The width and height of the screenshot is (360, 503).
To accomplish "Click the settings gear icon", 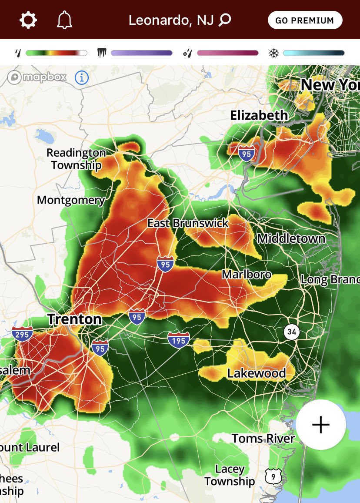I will tap(28, 20).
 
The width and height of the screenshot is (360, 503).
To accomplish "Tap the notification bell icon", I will tap(64, 20).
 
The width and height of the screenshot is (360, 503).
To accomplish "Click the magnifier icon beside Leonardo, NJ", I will tap(225, 20).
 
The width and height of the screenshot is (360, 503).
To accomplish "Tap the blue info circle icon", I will tap(82, 78).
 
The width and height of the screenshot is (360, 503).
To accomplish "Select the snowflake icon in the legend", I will tap(273, 53).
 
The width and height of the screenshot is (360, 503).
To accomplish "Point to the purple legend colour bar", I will tap(142, 53).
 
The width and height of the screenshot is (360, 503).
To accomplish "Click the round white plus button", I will tap(321, 424).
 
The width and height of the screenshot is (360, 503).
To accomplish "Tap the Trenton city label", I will tap(74, 319).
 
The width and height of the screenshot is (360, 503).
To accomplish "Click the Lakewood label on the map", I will tap(257, 373).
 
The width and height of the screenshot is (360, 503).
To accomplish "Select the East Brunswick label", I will tap(188, 223).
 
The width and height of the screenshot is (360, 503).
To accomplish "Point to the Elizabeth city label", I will tap(259, 115).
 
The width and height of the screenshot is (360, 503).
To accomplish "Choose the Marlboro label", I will tap(247, 275).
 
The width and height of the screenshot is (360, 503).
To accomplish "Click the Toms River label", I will tap(263, 438).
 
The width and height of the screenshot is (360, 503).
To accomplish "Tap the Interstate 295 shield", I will tap(22, 334).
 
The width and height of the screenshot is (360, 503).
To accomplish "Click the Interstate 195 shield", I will tap(179, 339).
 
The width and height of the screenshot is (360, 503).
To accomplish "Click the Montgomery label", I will tap(71, 200).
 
